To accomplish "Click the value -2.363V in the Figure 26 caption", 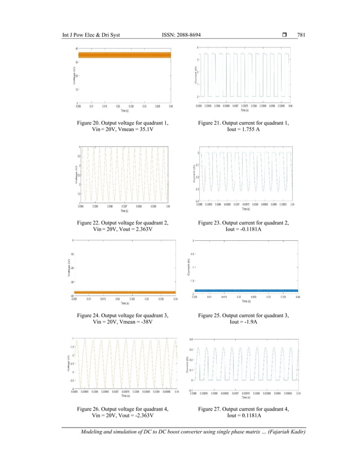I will [144, 415].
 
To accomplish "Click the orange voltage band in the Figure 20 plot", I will [125, 55].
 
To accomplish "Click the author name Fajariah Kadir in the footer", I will [288, 432].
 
